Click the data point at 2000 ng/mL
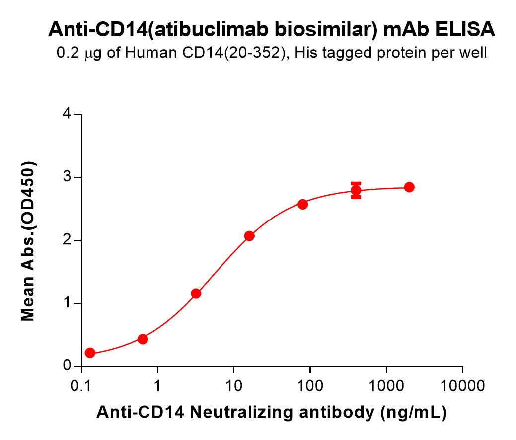(409, 187)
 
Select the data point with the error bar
(356, 190)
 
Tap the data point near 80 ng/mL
(302, 204)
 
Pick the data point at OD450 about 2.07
(249, 236)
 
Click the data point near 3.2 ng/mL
(196, 293)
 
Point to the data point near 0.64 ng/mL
(143, 339)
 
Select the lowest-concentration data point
(90, 353)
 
